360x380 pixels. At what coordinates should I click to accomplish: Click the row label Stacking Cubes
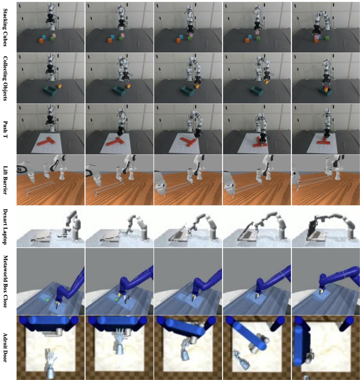pos(6,27)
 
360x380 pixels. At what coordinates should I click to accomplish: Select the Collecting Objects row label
pos(6,78)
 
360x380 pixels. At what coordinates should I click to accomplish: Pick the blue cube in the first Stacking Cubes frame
pos(44,37)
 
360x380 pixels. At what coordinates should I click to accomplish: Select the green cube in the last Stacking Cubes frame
pos(327,38)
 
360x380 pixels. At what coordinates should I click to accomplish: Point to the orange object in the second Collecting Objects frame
pos(128,87)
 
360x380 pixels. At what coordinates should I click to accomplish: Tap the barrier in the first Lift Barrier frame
pos(40,188)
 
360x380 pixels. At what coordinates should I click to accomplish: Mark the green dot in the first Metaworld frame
pos(48,300)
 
